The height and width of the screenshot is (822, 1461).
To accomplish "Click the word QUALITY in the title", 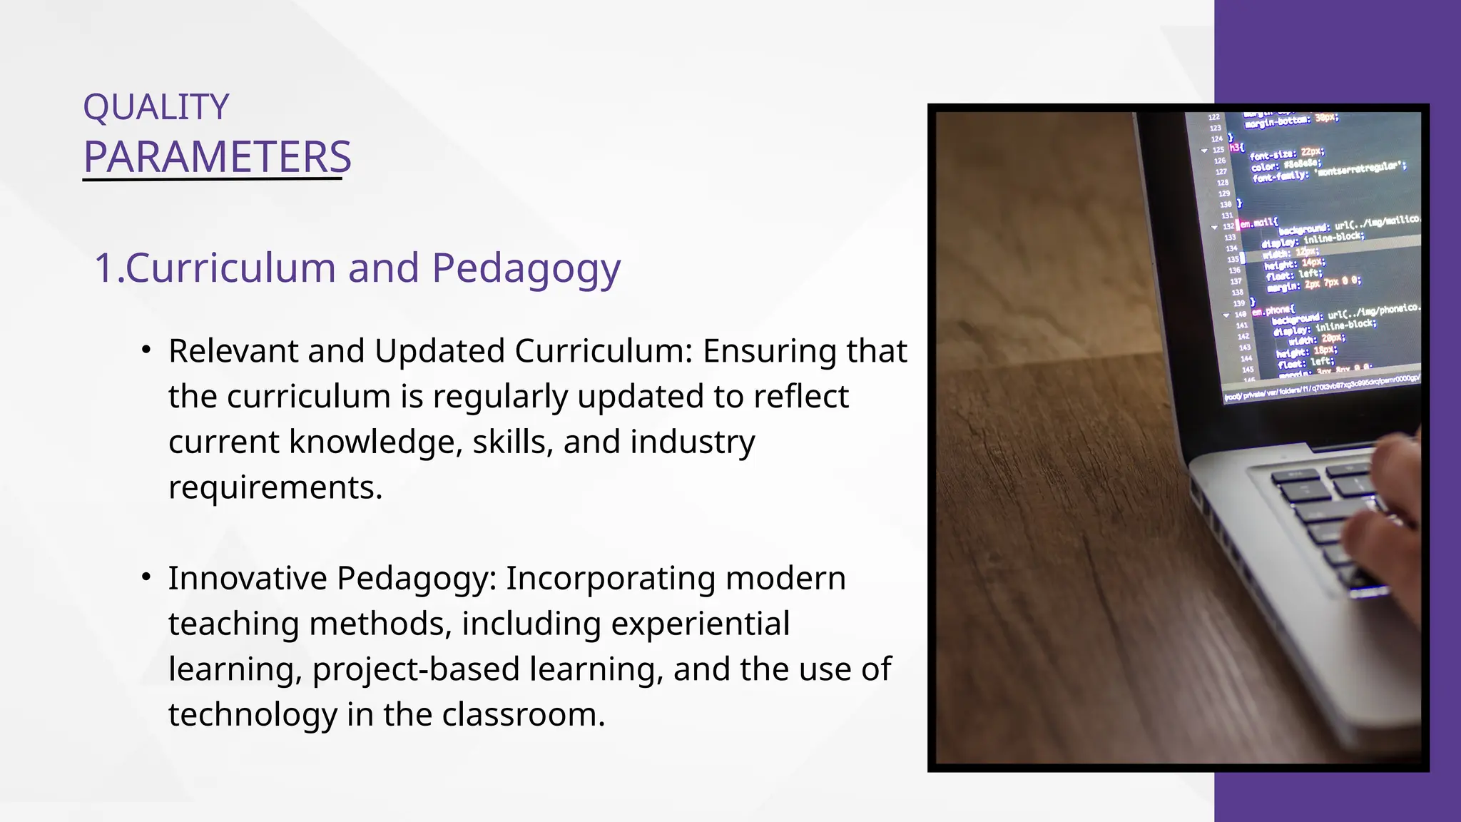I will pyautogui.click(x=156, y=108).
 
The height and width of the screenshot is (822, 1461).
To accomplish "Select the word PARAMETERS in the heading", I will pyautogui.click(x=217, y=157).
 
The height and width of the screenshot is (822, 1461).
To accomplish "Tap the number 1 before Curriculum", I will pyautogui.click(x=103, y=268).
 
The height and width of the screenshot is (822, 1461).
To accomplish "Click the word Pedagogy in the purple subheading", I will pyautogui.click(x=526, y=268).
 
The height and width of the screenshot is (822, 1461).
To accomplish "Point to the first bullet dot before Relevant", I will pyautogui.click(x=146, y=350).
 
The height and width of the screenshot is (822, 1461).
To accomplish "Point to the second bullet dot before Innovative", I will pyautogui.click(x=146, y=577).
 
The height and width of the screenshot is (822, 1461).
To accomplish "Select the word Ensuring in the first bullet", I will pyautogui.click(x=759, y=351).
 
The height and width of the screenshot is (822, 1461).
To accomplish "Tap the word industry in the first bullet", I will pyautogui.click(x=692, y=442).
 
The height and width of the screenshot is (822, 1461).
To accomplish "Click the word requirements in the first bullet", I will pyautogui.click(x=275, y=487).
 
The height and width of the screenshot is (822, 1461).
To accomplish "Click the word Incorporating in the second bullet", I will pyautogui.click(x=610, y=578).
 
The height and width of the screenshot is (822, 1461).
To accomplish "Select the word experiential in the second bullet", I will pyautogui.click(x=700, y=624).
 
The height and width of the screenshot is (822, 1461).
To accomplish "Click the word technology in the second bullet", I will pyautogui.click(x=253, y=715).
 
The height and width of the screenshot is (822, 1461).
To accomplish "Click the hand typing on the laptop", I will pyautogui.click(x=1391, y=514).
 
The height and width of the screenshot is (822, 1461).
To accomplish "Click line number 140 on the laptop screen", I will pyautogui.click(x=1241, y=315).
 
